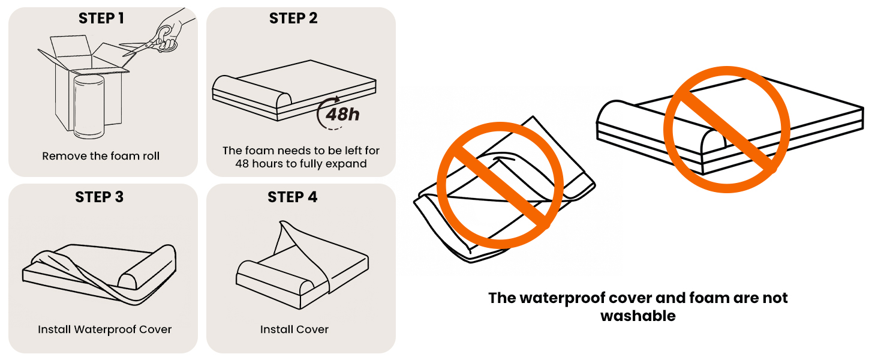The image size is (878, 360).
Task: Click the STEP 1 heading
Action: pos(101,19)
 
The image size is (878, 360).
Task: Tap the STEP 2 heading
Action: pos(293,19)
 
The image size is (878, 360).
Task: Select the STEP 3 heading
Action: pos(100,197)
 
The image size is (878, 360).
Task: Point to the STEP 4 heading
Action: pos(293,197)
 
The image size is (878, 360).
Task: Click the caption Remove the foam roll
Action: pos(101,156)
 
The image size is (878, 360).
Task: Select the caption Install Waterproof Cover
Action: pos(105,329)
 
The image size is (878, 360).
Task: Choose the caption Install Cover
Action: pos(294,329)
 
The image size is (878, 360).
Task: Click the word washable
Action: pos(638,316)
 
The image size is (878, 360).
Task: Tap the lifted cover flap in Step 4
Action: pos(294,240)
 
